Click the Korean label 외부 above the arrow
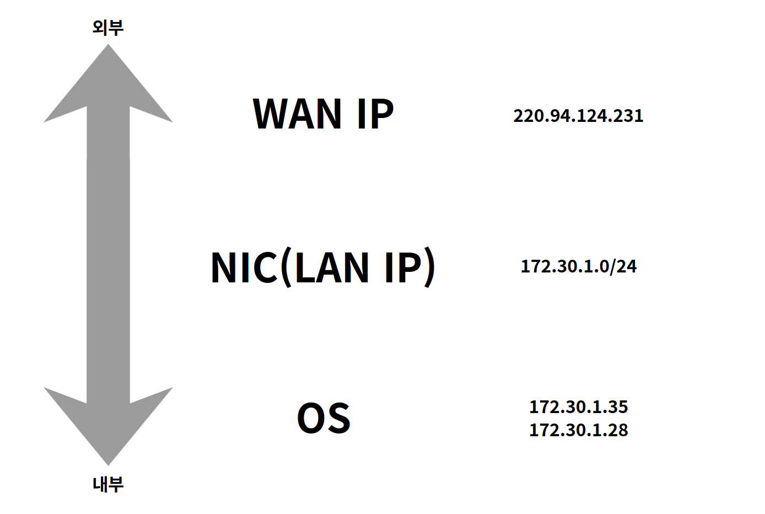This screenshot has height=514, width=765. [108, 27]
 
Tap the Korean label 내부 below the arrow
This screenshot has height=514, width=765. [108, 484]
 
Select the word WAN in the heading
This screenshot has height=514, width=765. [297, 114]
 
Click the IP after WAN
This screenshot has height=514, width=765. [375, 114]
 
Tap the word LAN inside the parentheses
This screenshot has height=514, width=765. [332, 268]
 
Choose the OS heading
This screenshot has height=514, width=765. [324, 418]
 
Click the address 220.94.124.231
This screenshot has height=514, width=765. [578, 116]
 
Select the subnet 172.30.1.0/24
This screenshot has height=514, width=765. [578, 266]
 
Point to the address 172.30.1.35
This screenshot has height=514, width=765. [578, 407]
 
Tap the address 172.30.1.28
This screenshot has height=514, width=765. [578, 430]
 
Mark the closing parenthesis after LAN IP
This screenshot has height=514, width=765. [429, 268]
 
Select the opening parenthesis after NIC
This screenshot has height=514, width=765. [285, 268]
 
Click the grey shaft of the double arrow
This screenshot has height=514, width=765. [108, 254]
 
